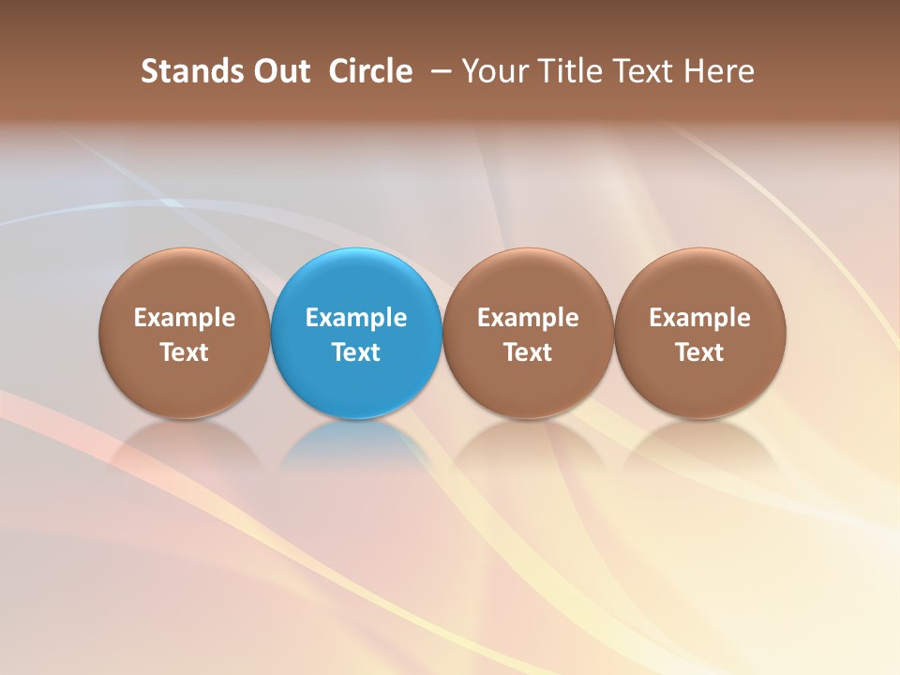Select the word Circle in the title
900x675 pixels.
pyautogui.click(x=370, y=71)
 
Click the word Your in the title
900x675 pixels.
pyautogui.click(x=493, y=71)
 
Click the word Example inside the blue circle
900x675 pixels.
pyautogui.click(x=356, y=318)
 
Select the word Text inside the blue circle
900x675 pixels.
pyautogui.click(x=356, y=352)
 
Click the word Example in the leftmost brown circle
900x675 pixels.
pyautogui.click(x=184, y=318)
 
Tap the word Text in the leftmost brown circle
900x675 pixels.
pyautogui.click(x=184, y=352)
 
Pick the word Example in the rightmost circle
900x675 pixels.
pyautogui.click(x=699, y=318)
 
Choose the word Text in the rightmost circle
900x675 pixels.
pyautogui.click(x=699, y=352)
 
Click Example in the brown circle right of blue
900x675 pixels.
pyautogui.click(x=528, y=318)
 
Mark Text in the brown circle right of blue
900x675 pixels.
pyautogui.click(x=528, y=352)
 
